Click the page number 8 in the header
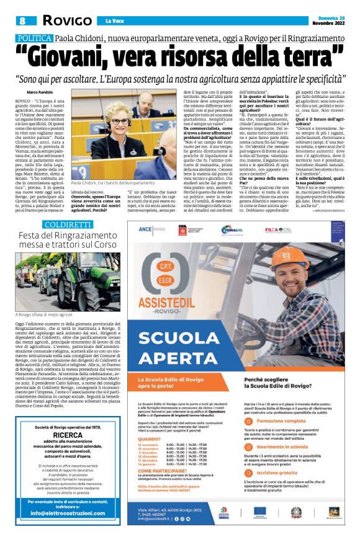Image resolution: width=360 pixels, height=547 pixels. pyautogui.click(x=21, y=21)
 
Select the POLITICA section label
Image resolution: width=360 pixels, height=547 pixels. pyautogui.click(x=34, y=38)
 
